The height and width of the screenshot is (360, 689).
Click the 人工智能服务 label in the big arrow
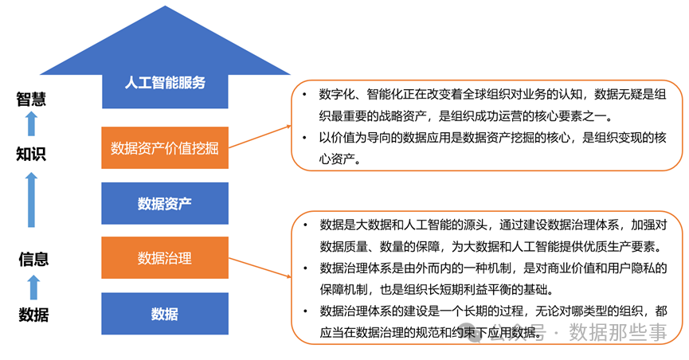point(165,82)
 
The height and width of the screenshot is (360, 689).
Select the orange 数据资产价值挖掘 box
point(165,147)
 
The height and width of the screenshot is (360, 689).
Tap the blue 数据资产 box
point(165,203)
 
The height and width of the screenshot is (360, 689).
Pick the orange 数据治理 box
point(165,258)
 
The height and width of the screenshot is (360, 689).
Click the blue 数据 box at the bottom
point(165,314)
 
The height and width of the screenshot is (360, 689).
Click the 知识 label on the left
point(31,154)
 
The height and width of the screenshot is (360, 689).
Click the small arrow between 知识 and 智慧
point(31,124)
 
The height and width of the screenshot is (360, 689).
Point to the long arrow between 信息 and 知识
point(32,200)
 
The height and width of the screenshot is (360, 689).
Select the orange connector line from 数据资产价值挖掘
point(260,136)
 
